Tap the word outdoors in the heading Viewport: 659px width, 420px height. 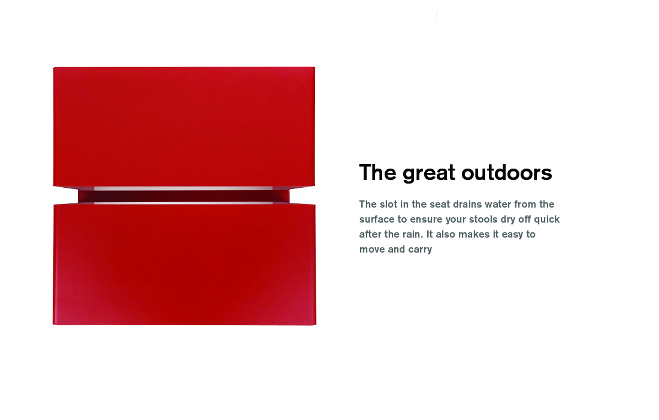(x=506, y=173)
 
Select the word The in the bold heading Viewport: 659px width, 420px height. (x=377, y=172)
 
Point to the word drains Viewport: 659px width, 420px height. (x=467, y=204)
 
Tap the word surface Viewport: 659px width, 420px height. (x=377, y=219)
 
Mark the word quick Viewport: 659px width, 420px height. (x=546, y=220)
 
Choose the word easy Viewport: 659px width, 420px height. (x=512, y=235)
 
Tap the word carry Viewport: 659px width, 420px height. (x=420, y=250)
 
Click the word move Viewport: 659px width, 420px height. (x=371, y=250)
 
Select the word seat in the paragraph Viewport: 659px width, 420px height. (x=439, y=205)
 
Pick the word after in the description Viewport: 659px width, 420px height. (x=370, y=235)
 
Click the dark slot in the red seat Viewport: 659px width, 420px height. (x=184, y=196)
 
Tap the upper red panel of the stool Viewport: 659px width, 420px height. (x=184, y=126)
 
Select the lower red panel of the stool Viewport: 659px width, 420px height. (x=184, y=264)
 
